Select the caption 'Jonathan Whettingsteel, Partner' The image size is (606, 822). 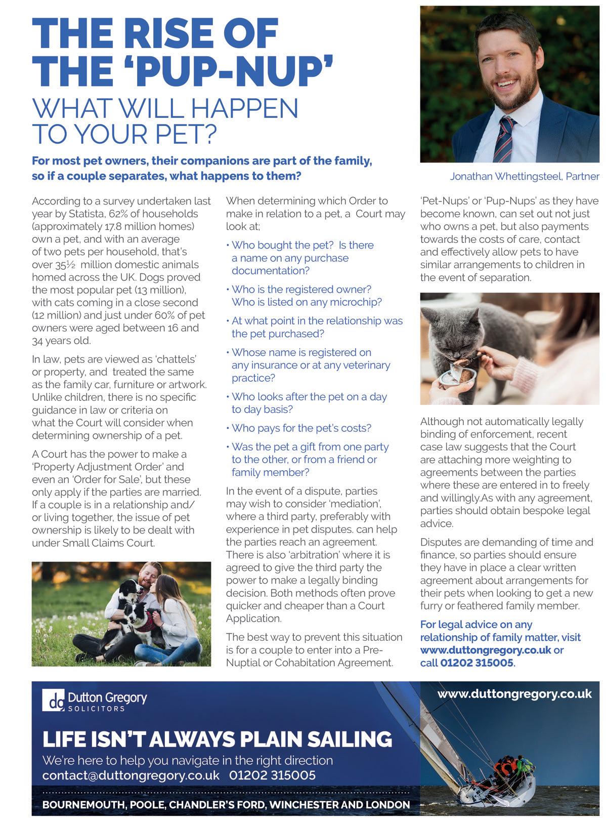tap(525, 177)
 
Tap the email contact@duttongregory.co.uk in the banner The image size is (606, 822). tap(131, 775)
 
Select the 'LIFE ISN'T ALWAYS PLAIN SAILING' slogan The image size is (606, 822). tap(218, 739)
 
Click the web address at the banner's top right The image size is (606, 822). tap(514, 694)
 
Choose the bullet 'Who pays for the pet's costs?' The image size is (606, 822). tap(301, 428)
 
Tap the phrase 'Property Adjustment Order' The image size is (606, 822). tap(108, 467)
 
